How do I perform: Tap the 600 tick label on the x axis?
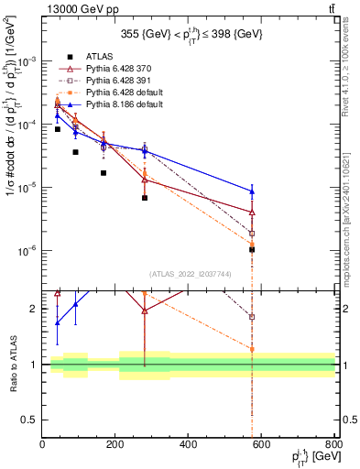pyautogui.click(x=262, y=445)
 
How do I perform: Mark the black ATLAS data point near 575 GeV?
pyautogui.click(x=251, y=249)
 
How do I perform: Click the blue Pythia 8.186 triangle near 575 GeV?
pyautogui.click(x=251, y=191)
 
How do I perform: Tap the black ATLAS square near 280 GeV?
pyautogui.click(x=145, y=198)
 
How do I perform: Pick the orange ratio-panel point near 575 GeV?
pyautogui.click(x=251, y=349)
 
